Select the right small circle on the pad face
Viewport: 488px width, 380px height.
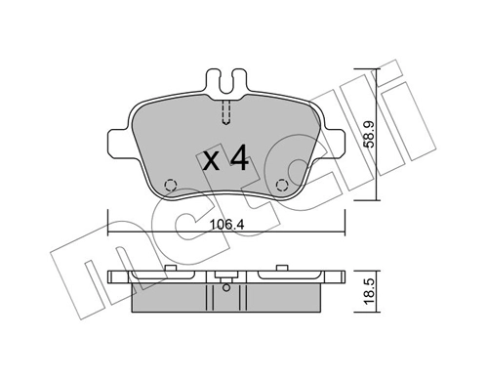(283, 184)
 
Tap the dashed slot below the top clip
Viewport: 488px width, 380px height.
(225, 112)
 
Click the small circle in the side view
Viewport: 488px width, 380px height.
(225, 286)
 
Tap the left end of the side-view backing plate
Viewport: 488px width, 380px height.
(111, 278)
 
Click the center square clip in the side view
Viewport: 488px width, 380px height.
(225, 274)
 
